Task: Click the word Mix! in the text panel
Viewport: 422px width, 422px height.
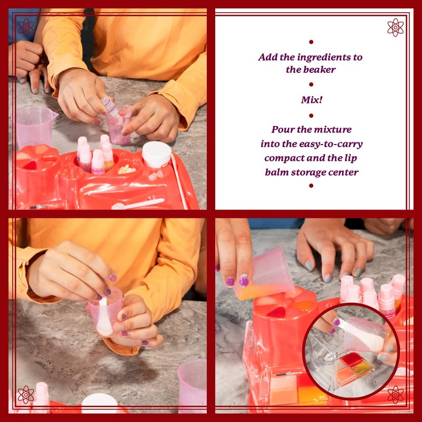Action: (311, 100)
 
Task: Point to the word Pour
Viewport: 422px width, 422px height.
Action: (281, 129)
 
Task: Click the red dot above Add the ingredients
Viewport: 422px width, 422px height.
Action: (311, 42)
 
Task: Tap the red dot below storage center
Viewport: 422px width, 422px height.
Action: (311, 186)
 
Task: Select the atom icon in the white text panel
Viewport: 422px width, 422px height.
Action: (395, 27)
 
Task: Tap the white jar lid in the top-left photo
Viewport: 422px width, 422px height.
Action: (157, 154)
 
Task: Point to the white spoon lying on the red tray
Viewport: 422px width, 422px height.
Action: (138, 204)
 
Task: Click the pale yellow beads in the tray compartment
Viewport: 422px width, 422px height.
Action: (127, 169)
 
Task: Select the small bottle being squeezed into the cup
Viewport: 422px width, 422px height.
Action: (110, 106)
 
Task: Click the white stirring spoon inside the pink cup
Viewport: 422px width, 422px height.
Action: (104, 318)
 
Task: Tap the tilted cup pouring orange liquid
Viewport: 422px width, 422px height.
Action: (265, 275)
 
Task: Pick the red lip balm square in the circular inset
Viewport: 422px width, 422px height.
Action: (352, 359)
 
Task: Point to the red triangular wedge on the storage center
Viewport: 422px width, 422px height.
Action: (278, 312)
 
